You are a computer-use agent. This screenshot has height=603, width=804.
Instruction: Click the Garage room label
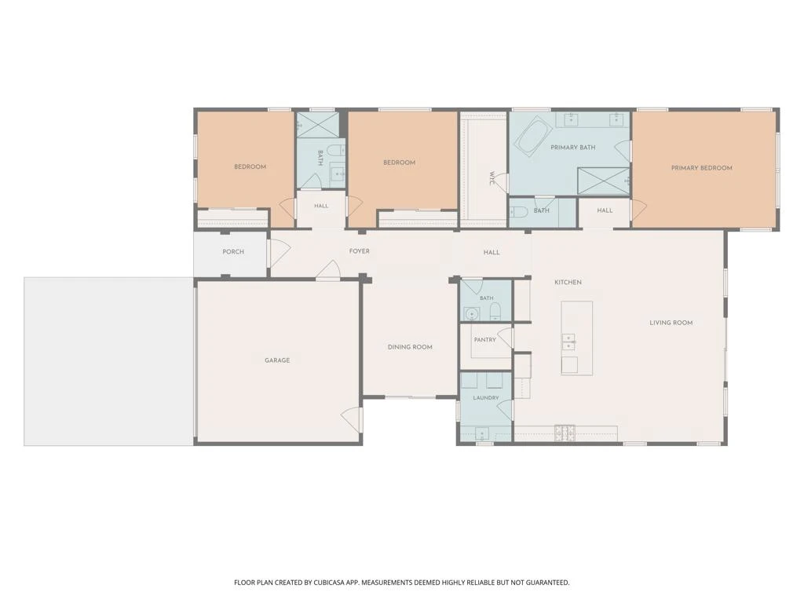(277, 360)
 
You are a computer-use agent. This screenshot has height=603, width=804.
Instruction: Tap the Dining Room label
(410, 347)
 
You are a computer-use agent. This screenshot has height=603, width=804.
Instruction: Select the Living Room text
(671, 323)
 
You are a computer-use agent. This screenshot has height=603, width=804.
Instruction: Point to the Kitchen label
(568, 283)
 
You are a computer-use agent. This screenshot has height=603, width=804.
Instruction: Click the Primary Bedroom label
(701, 168)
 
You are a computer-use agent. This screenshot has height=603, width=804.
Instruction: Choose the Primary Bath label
(572, 148)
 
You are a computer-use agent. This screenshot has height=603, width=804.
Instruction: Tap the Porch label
(233, 252)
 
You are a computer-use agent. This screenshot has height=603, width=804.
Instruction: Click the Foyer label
(359, 251)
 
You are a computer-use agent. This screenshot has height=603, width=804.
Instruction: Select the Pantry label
(485, 340)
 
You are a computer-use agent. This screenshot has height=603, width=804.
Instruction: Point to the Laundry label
(485, 398)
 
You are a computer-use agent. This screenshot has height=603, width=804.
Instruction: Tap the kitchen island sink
(568, 342)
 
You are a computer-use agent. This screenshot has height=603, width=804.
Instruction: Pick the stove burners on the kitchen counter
(565, 433)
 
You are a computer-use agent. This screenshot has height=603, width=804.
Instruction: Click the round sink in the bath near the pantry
(471, 313)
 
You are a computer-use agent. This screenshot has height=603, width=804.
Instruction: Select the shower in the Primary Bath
(604, 181)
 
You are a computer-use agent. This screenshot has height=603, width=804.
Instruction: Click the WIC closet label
(492, 178)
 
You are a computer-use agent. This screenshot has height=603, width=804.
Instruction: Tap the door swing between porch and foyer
(280, 252)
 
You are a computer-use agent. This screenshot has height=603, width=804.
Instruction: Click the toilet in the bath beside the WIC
(520, 212)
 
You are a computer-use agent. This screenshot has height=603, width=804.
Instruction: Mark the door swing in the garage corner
(353, 418)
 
